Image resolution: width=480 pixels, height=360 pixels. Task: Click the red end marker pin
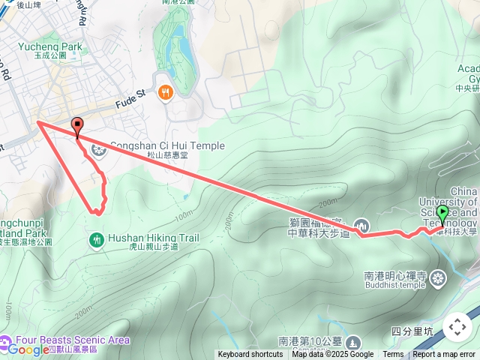(76, 126)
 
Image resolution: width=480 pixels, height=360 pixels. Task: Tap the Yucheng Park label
(52, 47)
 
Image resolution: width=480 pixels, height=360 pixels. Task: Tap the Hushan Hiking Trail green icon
(96, 239)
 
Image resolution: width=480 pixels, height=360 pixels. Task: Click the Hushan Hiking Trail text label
(153, 238)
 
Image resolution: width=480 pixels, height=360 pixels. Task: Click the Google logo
(28, 349)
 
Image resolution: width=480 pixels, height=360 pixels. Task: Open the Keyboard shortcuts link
(250, 355)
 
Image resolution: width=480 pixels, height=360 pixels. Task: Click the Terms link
(393, 355)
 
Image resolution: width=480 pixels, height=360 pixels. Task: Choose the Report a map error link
(444, 355)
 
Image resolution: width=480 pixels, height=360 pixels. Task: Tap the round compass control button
(457, 327)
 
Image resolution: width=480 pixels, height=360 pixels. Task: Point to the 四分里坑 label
(412, 331)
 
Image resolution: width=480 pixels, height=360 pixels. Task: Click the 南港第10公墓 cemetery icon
(352, 341)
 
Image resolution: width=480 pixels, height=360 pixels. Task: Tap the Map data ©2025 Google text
(333, 355)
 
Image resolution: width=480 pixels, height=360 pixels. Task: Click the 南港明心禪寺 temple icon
(440, 278)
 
